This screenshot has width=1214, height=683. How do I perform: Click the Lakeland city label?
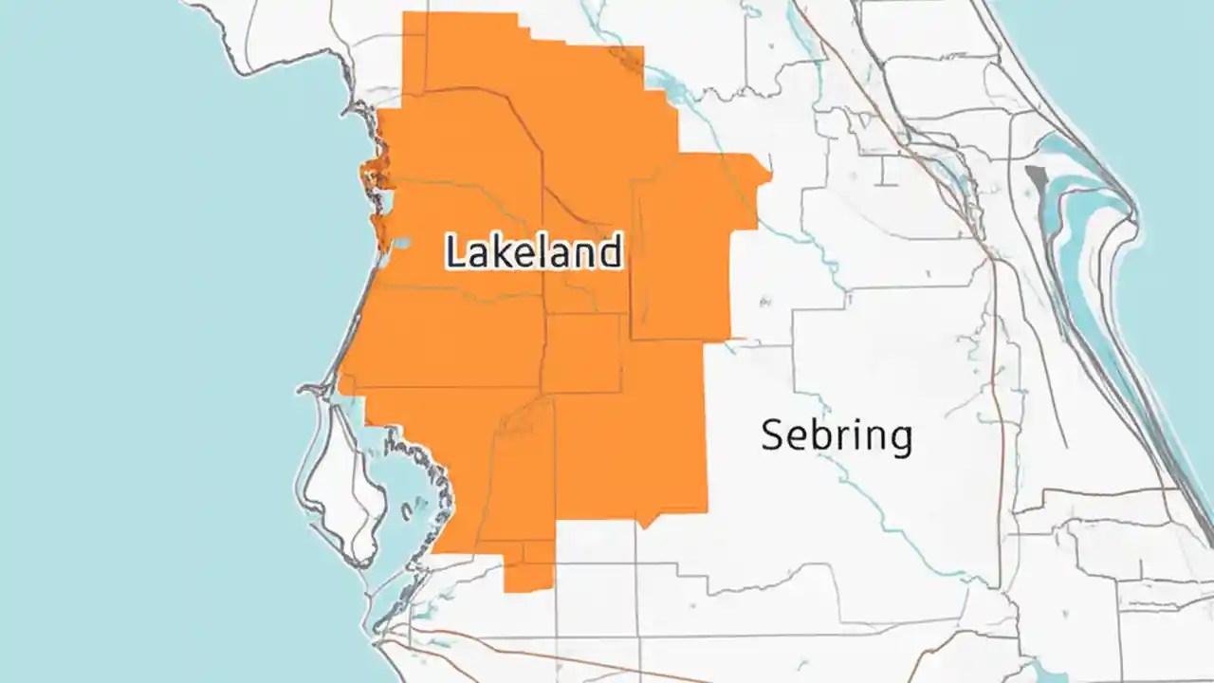pyautogui.click(x=534, y=252)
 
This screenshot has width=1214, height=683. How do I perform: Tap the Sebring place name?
pyautogui.click(x=837, y=436)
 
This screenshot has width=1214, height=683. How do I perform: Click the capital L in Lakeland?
pyautogui.click(x=455, y=252)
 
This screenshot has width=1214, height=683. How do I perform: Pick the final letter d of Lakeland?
pyautogui.click(x=611, y=252)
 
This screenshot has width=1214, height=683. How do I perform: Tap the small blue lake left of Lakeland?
pyautogui.click(x=401, y=243)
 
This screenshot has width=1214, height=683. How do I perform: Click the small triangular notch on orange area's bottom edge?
pyautogui.click(x=644, y=523)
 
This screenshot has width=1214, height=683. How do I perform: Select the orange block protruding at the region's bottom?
pyautogui.click(x=528, y=568)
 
